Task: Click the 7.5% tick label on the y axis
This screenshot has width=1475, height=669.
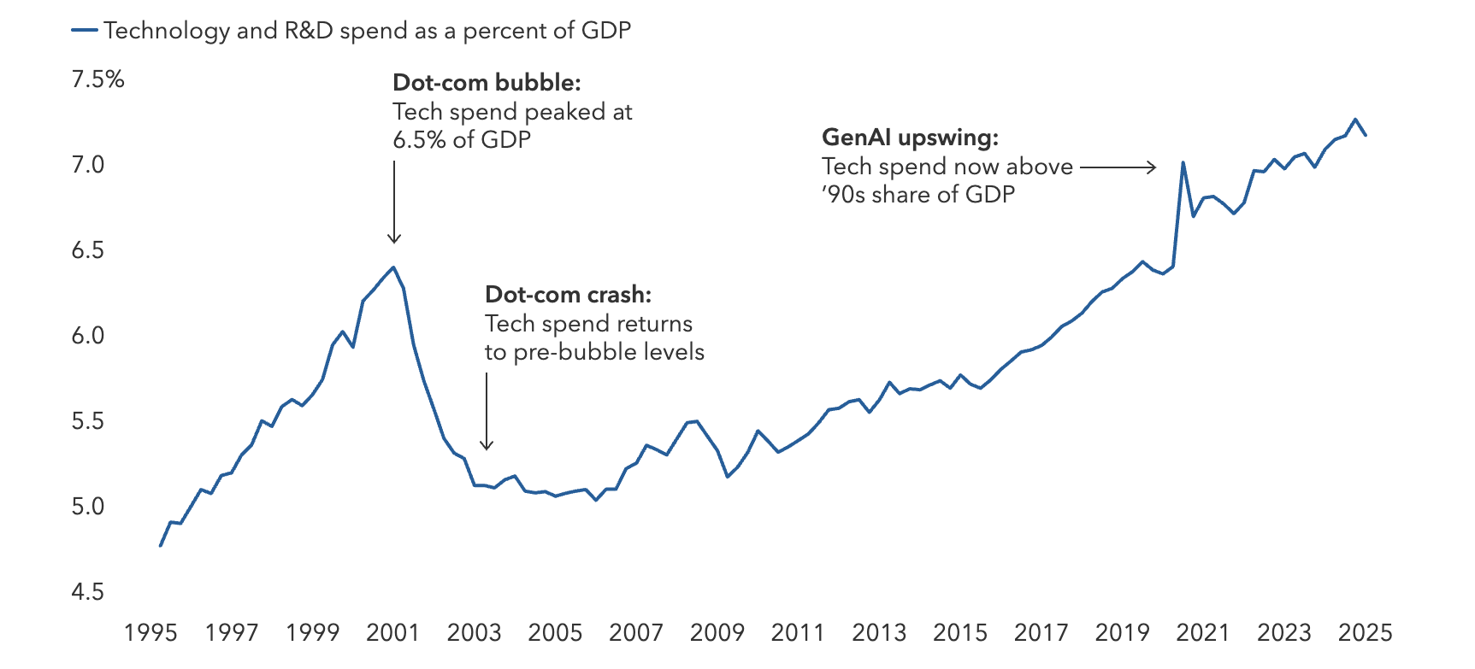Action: pos(97,79)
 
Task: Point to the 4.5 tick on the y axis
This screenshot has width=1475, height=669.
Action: pos(87,591)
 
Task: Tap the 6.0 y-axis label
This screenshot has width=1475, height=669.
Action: pos(87,335)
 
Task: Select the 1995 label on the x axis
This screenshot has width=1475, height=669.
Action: pos(150,632)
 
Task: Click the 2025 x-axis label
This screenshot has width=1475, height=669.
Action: pos(1365,632)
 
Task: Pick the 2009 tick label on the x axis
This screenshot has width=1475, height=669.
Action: pos(717,632)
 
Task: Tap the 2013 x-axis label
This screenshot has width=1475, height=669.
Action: pos(879,632)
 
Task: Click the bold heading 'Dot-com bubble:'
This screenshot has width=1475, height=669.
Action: pos(487,83)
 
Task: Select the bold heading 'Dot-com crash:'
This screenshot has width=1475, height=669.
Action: pos(568,295)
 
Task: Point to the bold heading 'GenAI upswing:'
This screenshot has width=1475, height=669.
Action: pos(910,138)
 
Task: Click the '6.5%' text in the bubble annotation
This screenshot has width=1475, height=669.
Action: pos(419,140)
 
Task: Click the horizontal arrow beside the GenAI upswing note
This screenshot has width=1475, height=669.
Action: pos(1118,167)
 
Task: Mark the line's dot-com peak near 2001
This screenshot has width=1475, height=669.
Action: pos(393,267)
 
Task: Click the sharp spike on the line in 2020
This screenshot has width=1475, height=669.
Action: pos(1183,162)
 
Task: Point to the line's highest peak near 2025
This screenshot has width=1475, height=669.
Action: pos(1355,120)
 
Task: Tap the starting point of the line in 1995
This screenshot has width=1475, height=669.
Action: pos(161,545)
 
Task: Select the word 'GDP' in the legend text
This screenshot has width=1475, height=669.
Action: pos(605,31)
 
